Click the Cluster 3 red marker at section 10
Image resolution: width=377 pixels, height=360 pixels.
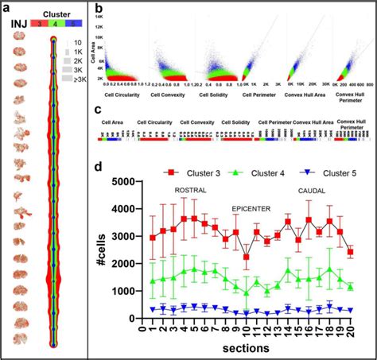click(x=247, y=257)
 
